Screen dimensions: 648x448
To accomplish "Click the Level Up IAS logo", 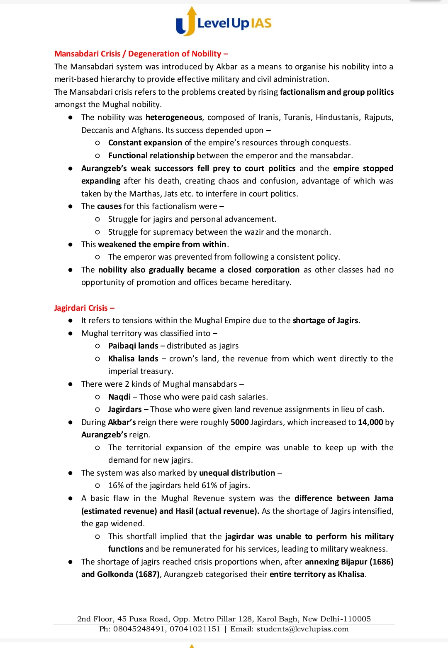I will [224, 22].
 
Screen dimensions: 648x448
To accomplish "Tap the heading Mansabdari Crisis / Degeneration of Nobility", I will [141, 54].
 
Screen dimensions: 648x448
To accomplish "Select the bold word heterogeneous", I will [174, 118].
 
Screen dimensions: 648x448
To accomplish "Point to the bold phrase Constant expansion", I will [145, 143].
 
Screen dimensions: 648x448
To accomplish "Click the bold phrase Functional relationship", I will [151, 156].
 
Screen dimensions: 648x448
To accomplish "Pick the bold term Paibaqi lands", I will [133, 346].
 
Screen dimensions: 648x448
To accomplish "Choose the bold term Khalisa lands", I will [133, 359].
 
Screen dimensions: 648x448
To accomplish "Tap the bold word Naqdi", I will [119, 397].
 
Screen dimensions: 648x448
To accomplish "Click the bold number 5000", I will [240, 422].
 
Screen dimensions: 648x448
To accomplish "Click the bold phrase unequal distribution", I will [237, 473].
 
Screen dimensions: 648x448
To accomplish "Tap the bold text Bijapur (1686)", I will [367, 562].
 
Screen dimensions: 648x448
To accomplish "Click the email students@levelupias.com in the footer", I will [302, 629].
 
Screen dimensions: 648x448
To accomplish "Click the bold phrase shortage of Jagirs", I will [325, 321].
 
